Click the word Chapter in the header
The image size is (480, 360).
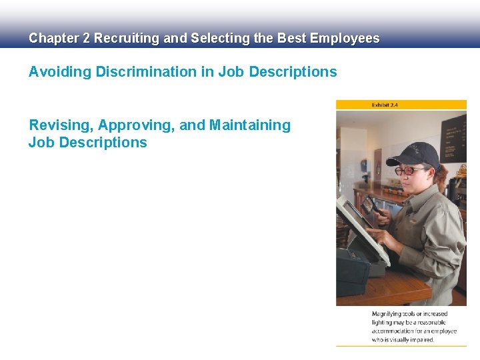pos(53,39)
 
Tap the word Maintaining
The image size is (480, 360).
pos(250,125)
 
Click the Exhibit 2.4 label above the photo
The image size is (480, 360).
pos(385,105)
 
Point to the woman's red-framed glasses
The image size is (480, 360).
pos(408,170)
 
